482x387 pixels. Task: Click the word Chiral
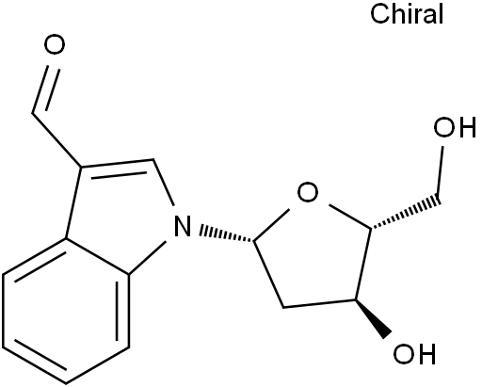tap(407, 14)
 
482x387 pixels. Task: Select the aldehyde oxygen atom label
tap(55, 44)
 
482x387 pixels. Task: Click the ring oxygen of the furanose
tap(308, 192)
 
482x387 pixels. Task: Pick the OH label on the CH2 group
tap(455, 127)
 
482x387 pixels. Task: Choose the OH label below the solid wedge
tap(414, 354)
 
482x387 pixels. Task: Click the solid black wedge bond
tap(374, 319)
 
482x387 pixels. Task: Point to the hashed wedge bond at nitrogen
tap(227, 234)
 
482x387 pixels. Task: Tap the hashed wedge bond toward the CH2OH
tap(406, 213)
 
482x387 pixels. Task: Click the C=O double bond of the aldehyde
tap(46, 89)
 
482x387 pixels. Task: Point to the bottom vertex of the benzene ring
tap(66, 383)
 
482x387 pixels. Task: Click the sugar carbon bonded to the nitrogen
tap(254, 241)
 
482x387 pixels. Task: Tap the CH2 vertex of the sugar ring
tap(283, 307)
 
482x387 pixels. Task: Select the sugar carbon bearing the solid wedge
tap(356, 300)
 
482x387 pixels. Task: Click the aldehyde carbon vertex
tap(32, 113)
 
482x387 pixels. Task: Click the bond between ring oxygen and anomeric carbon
tap(271, 224)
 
